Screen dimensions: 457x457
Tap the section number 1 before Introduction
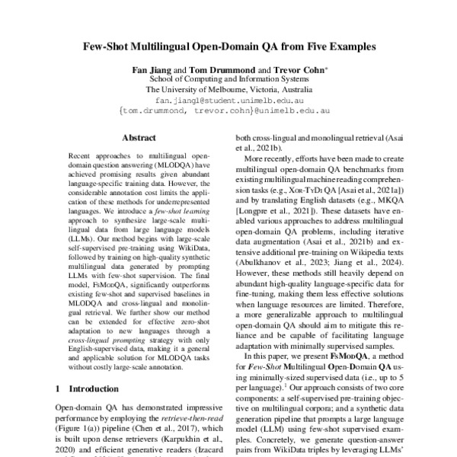pyautogui.click(x=59, y=388)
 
